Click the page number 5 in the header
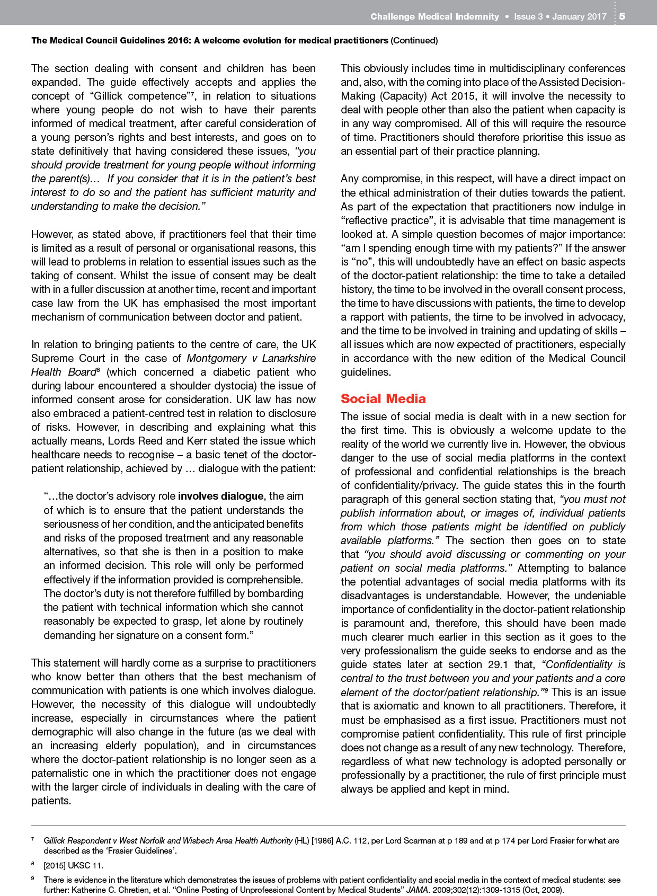point(622,16)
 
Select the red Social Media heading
point(383,398)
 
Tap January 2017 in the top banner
point(579,16)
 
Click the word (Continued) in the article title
point(414,40)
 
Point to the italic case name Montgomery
point(216,358)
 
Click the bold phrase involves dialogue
point(220,496)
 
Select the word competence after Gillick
point(158,96)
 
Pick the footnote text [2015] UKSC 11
point(73,865)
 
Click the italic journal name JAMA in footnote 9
point(417,890)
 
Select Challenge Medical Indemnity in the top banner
point(434,16)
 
